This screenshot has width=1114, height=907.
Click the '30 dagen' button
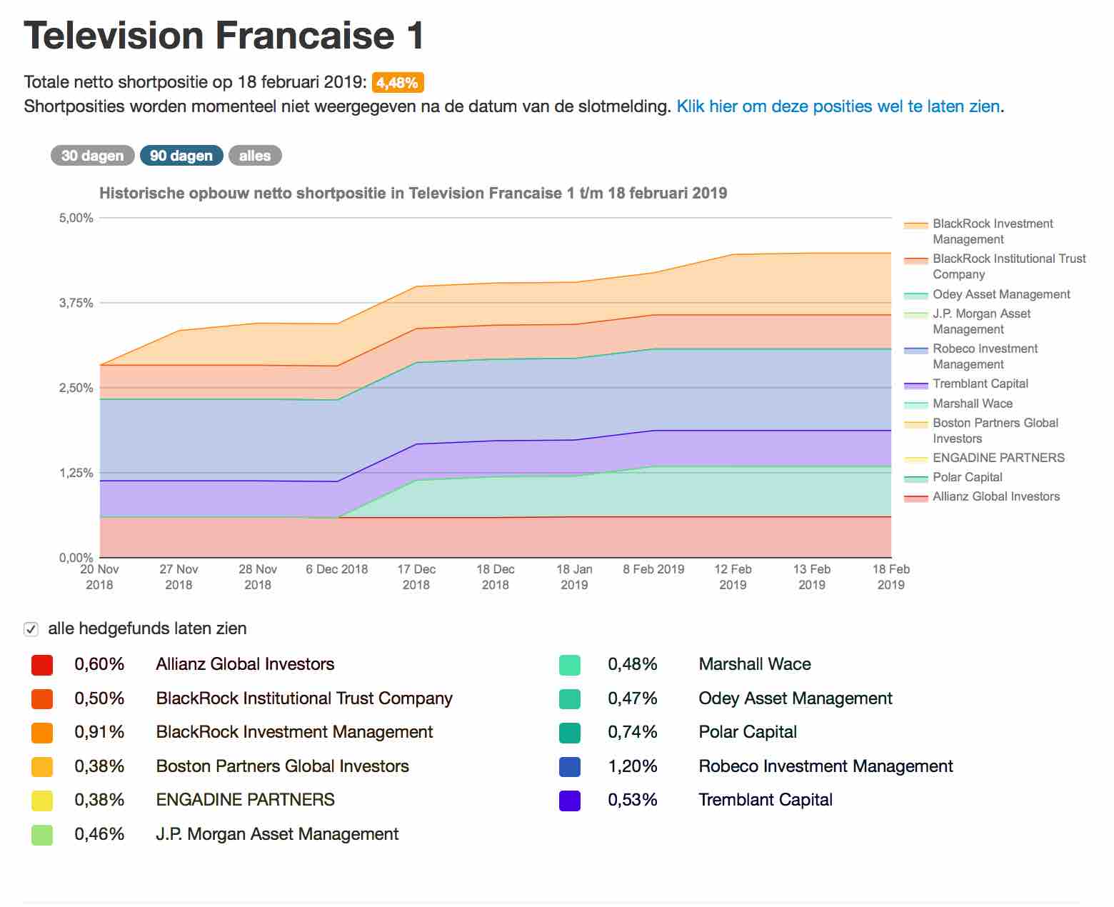click(x=92, y=156)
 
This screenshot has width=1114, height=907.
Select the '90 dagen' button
click(x=181, y=156)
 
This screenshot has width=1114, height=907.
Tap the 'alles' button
click(x=255, y=156)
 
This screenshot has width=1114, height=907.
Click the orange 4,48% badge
click(x=398, y=83)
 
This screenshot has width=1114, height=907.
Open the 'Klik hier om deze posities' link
click(x=838, y=106)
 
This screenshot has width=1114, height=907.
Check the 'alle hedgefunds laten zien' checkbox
click(x=31, y=629)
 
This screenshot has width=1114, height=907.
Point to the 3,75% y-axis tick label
click(x=76, y=303)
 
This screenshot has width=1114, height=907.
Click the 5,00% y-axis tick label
click(x=76, y=218)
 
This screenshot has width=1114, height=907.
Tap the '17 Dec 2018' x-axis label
click(x=416, y=577)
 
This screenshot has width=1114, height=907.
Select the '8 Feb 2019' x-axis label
click(x=653, y=569)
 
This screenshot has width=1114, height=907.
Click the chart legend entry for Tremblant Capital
click(x=980, y=384)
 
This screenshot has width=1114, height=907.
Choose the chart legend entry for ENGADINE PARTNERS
click(x=998, y=458)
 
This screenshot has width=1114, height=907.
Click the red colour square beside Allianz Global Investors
click(x=42, y=665)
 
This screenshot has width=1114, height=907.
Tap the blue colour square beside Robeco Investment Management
click(x=570, y=767)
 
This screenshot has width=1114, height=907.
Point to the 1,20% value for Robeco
click(x=632, y=766)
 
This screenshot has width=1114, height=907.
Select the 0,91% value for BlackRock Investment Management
click(x=99, y=732)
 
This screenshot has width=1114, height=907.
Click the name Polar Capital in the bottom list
click(x=748, y=732)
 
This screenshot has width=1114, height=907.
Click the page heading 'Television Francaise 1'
click(x=224, y=36)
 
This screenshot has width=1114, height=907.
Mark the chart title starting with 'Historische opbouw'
click(x=413, y=193)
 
